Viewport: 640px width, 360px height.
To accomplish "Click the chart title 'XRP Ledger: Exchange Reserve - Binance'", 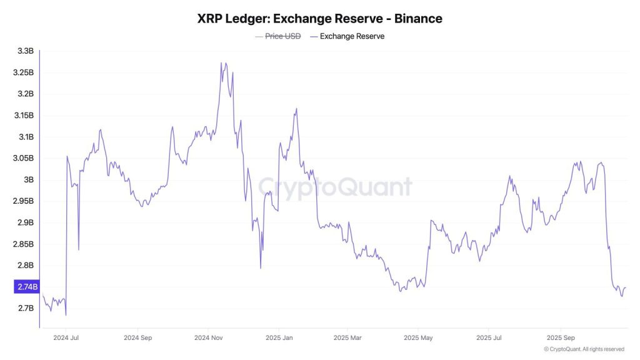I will coord(319,19).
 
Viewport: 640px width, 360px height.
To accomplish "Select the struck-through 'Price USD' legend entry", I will coord(282,36).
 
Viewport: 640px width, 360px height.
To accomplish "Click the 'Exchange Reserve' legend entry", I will coord(352,36).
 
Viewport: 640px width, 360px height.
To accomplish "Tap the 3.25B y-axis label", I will coord(23,72).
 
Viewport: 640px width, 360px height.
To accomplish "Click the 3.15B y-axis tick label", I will coord(23,116).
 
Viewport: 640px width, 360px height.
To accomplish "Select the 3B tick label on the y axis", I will coord(28,180).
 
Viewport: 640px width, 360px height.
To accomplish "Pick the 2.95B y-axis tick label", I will coord(23,201).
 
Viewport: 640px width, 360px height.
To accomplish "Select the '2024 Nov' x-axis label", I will coord(209,337).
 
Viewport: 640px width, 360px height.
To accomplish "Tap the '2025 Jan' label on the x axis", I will coord(279,337).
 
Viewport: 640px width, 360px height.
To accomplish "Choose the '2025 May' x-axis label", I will coord(419,337).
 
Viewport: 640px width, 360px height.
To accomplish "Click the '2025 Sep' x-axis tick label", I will coord(560,337).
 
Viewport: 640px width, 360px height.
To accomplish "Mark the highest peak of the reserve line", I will coord(222,62).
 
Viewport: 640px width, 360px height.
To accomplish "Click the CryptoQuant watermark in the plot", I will coord(335,187).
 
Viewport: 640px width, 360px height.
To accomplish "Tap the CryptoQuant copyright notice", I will coord(584,349).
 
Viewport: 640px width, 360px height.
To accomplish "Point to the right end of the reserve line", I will coord(626,287).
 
